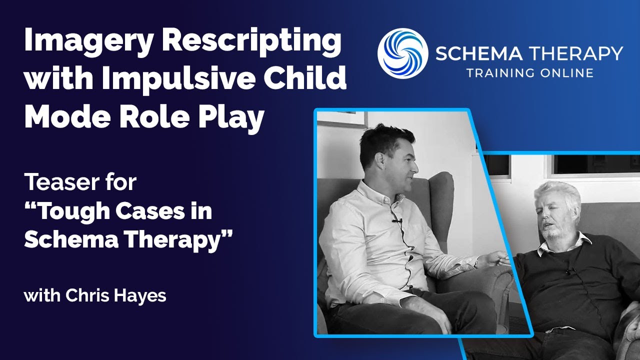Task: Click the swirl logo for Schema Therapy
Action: (402, 52)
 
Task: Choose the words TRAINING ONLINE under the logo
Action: (530, 73)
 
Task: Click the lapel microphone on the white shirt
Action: (397, 220)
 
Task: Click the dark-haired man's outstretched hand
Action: (492, 259)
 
